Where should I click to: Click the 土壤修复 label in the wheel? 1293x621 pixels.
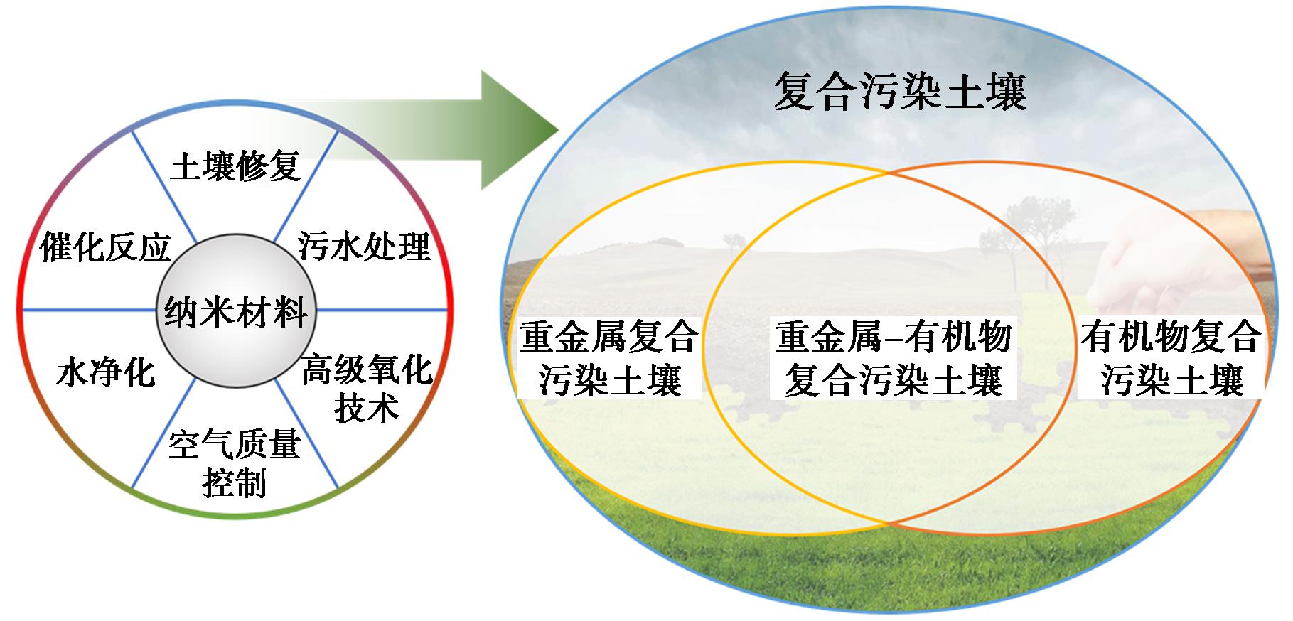235,166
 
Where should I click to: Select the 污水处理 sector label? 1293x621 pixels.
364,246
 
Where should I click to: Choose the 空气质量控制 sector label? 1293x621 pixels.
235,463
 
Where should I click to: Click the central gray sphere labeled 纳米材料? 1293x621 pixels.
236,311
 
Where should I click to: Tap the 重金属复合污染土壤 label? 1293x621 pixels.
609,358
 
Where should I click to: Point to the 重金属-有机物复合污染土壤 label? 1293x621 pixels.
894,358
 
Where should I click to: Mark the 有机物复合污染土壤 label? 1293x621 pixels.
1171,358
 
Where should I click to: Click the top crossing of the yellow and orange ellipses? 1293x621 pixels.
889,173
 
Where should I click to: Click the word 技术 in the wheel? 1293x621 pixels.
366,408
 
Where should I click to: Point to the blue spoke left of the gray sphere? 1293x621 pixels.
90,310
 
